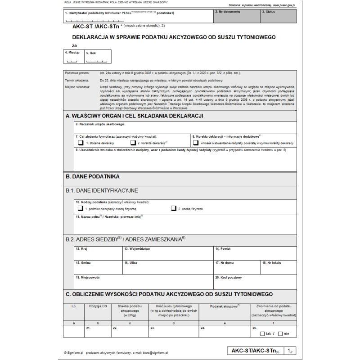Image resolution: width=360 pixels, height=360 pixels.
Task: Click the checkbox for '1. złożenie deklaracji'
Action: click(81, 143)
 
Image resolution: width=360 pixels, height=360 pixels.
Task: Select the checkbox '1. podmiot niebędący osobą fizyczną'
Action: click(81, 209)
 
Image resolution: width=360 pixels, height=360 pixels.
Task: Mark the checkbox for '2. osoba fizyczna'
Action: click(173, 209)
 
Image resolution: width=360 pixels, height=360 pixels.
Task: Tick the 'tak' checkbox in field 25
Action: click(262, 334)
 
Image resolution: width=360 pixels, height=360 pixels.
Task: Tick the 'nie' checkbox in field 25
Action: click(280, 334)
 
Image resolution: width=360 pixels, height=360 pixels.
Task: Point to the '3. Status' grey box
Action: click(279, 17)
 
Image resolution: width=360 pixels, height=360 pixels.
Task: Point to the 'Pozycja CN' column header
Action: click(98, 306)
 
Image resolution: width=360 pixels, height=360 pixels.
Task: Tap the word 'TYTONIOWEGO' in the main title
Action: click(252, 37)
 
